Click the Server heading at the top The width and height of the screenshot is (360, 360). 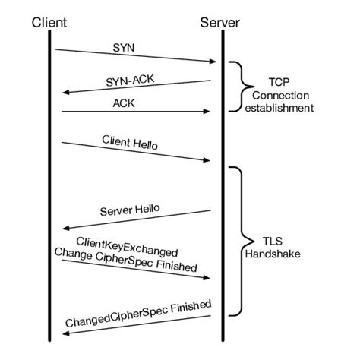(220, 23)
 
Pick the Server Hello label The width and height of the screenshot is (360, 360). (130, 208)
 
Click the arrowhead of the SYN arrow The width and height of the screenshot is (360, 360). (212, 62)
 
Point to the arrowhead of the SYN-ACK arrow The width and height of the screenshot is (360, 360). (65, 92)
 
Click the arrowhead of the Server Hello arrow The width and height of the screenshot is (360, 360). (65, 226)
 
